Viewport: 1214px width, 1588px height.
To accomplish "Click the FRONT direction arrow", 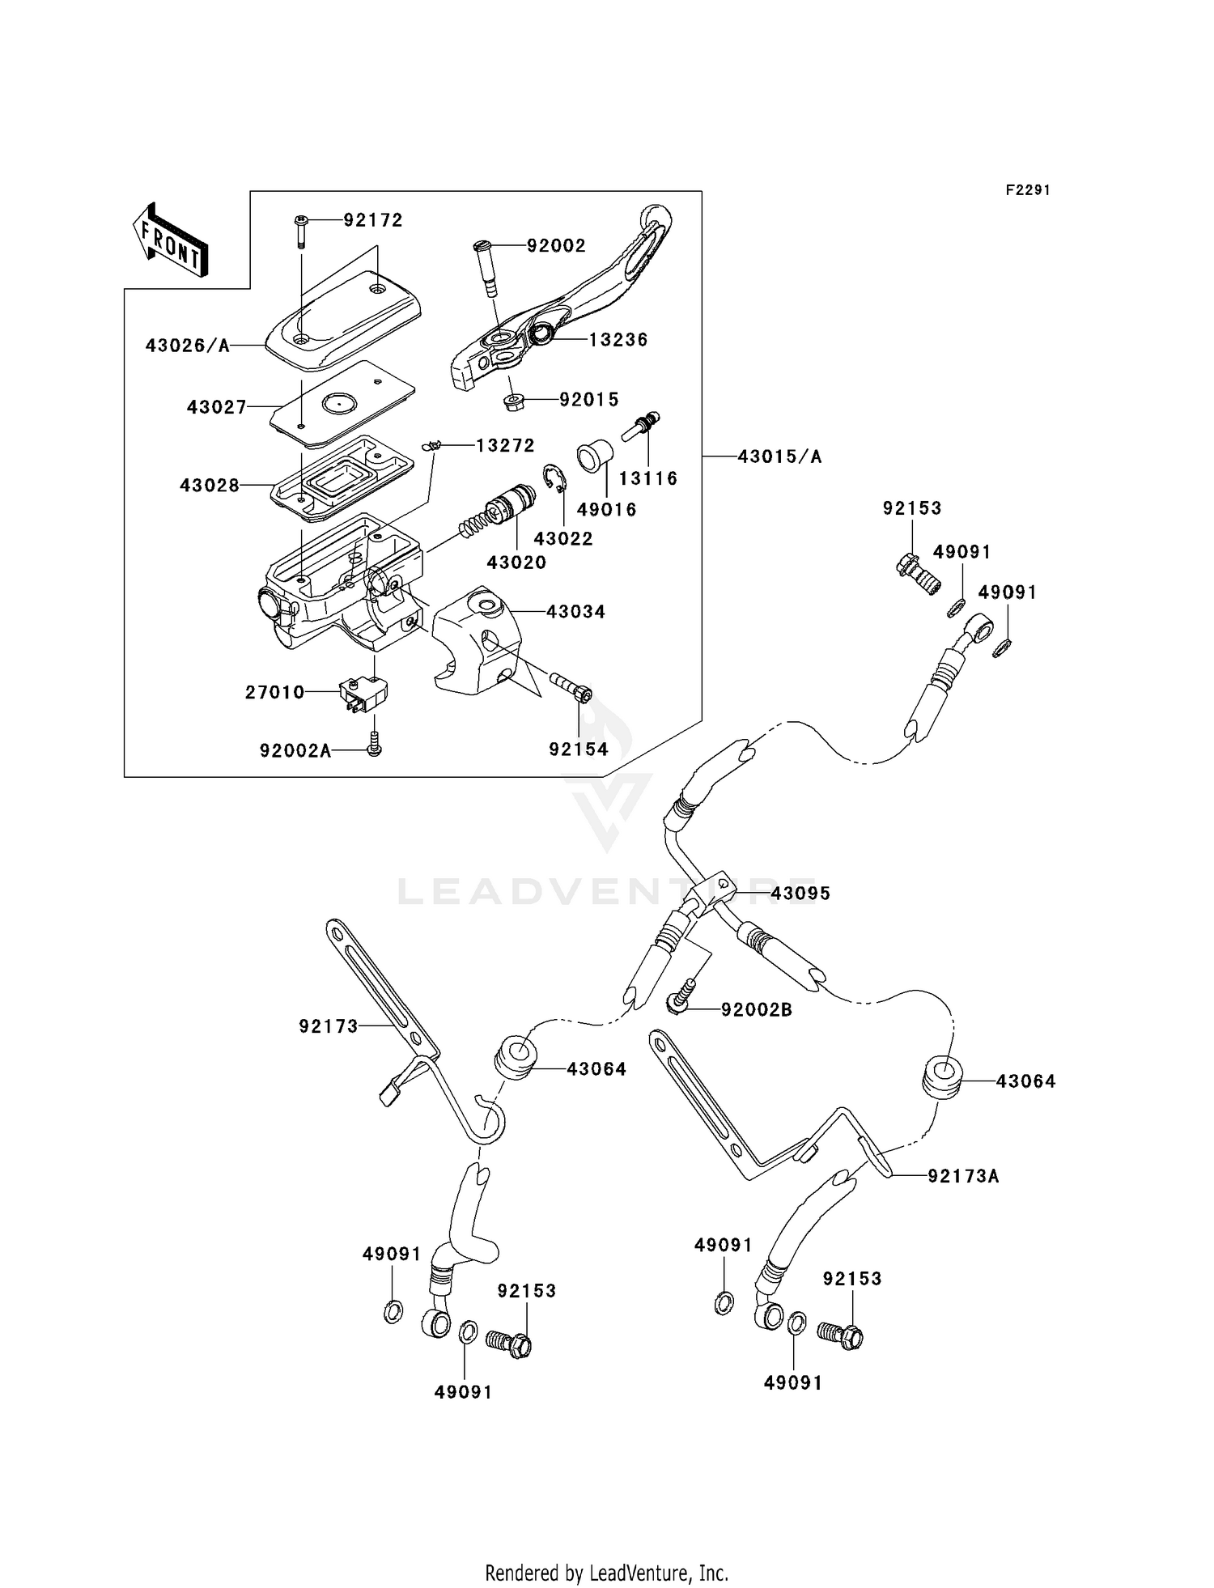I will point(170,241).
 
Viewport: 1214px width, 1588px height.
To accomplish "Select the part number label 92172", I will point(373,220).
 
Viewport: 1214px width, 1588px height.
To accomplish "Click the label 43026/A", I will point(188,346).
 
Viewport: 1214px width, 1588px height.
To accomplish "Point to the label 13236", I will point(618,340).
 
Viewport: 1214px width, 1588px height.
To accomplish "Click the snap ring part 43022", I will point(556,479).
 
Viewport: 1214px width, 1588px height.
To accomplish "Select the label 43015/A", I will point(779,457).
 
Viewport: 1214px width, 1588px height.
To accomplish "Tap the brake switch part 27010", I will point(363,693).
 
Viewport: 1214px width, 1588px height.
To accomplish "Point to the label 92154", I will point(578,749).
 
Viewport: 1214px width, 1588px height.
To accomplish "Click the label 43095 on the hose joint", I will point(800,894).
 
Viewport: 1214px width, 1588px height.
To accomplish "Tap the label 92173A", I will point(963,1177).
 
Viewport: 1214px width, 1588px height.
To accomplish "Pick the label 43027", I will point(216,407).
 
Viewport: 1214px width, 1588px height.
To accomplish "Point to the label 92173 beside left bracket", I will point(328,1026).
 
